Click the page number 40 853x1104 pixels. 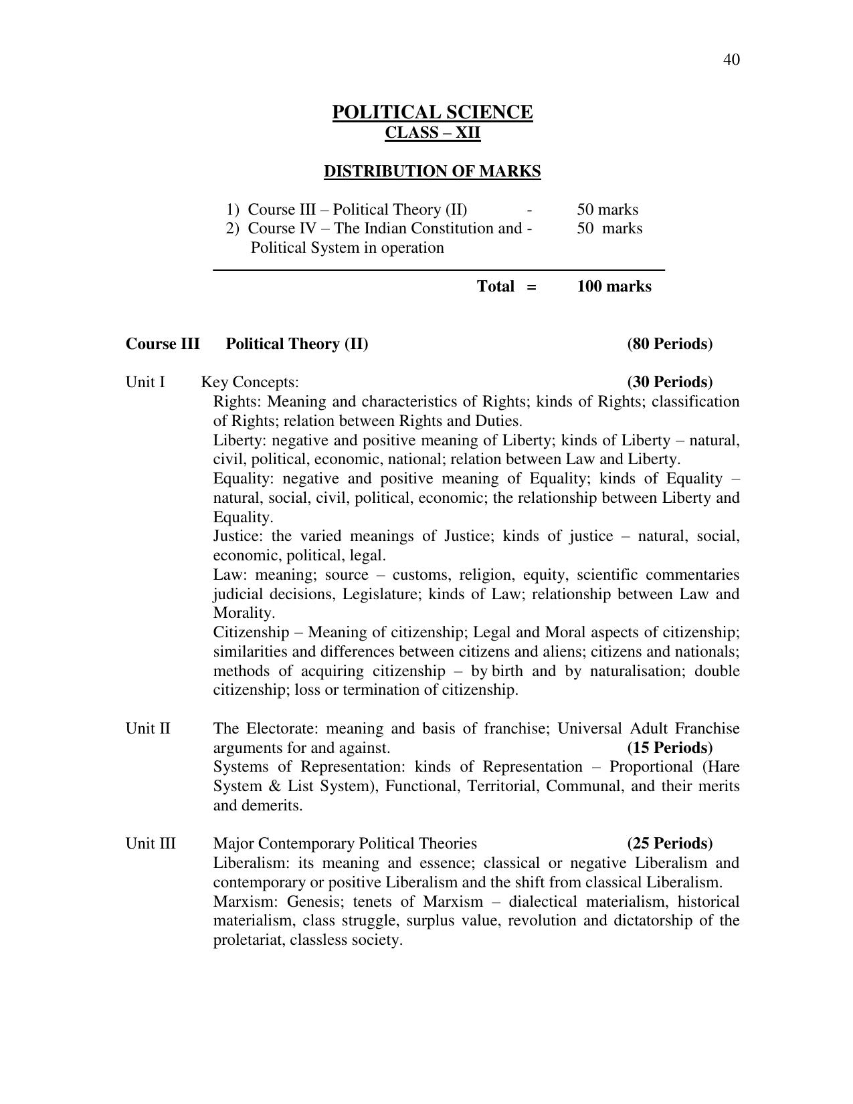[731, 60]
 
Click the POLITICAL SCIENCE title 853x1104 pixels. [432, 112]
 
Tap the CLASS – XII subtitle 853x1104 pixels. [432, 132]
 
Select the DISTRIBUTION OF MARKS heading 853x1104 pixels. [432, 171]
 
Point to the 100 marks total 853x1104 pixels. [613, 286]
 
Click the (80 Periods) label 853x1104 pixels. [670, 344]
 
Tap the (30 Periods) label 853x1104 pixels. [670, 382]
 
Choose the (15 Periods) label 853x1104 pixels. [670, 748]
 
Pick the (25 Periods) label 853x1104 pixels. [670, 843]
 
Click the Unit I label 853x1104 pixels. [145, 382]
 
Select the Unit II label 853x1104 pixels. [148, 728]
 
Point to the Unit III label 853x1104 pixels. [151, 843]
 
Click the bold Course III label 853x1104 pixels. [163, 344]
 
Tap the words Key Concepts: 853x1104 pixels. [250, 382]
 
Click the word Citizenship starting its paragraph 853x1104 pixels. [251, 633]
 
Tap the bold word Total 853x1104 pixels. [495, 286]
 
